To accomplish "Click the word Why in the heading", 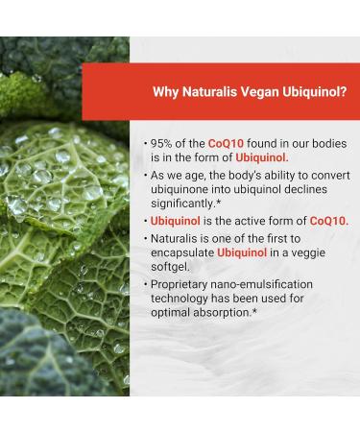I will pos(166,92).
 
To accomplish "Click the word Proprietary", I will pos(184,284).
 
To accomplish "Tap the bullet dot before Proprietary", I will pos(145,284).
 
